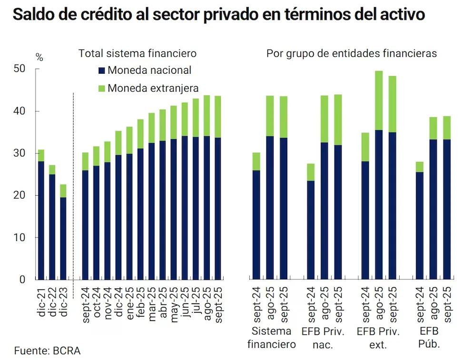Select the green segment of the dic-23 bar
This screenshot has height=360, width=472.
click(63, 191)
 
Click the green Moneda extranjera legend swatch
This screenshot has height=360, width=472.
click(101, 88)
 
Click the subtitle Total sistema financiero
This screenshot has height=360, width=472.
click(138, 54)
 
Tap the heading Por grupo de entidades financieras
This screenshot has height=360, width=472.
click(351, 54)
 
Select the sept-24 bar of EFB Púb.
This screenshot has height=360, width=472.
click(420, 224)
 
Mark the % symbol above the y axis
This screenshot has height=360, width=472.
click(39, 58)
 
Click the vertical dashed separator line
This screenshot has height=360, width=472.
click(73, 186)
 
